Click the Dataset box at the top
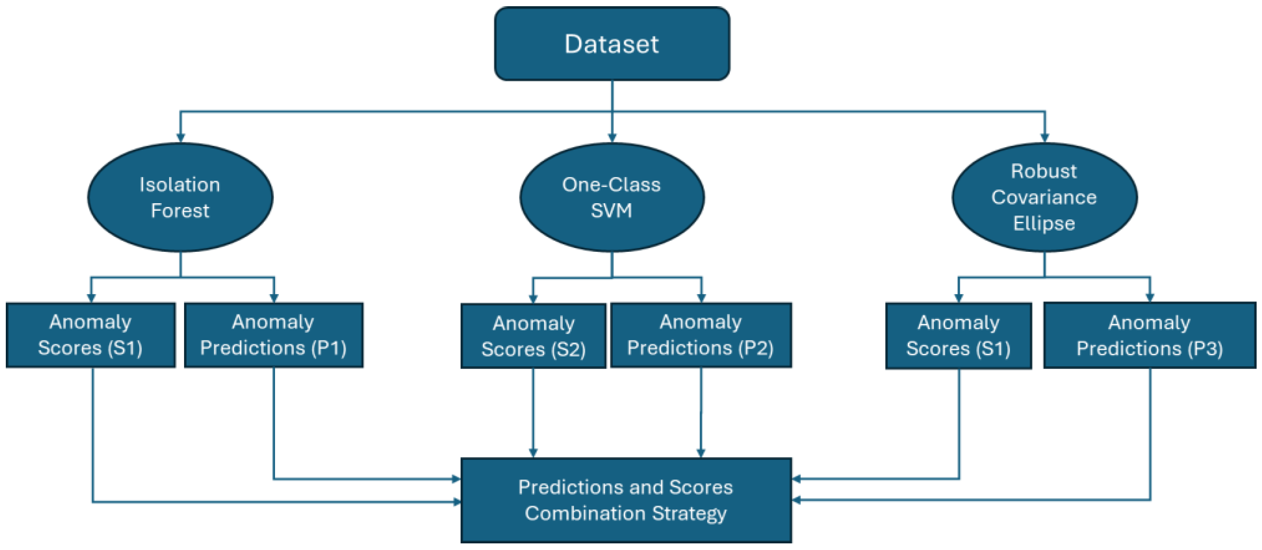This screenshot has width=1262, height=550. coord(612,44)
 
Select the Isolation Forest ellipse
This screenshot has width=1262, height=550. coord(180,197)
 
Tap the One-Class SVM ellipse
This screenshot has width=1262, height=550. coord(612,197)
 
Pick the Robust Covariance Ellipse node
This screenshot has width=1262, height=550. coord(1045,197)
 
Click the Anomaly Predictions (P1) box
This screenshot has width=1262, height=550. coord(273,335)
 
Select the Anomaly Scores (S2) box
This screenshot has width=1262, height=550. coord(533,336)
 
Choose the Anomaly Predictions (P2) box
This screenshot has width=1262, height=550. coord(700,335)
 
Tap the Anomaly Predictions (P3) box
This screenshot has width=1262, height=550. coord(1149,336)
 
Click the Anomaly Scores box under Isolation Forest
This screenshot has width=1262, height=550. coord(91,335)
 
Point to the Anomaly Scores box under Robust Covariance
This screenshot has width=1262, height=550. coord(958,336)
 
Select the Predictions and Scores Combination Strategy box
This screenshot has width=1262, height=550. coord(626,500)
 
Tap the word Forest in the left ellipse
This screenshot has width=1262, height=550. coord(180,211)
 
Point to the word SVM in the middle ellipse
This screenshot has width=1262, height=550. coord(611,211)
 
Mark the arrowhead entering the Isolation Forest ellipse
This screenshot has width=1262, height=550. coord(181,138)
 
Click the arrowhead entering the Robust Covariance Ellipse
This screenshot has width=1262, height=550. coord(1045,138)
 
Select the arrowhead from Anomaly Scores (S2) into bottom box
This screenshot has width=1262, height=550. coord(533,453)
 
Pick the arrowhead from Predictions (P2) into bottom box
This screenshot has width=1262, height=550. coord(700,453)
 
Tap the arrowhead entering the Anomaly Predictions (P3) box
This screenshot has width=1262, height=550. coord(1150,297)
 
